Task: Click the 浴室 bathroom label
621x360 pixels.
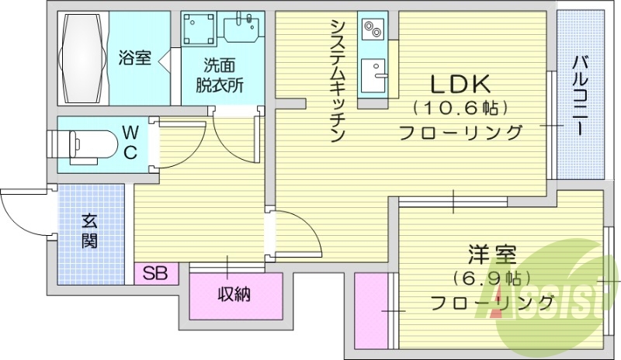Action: click(134, 57)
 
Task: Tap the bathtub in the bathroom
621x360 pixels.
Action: click(82, 57)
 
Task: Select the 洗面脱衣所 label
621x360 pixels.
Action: click(223, 76)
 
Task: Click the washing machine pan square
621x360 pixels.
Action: click(199, 31)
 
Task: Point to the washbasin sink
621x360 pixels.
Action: click(242, 29)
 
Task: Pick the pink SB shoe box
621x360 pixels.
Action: click(156, 273)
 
